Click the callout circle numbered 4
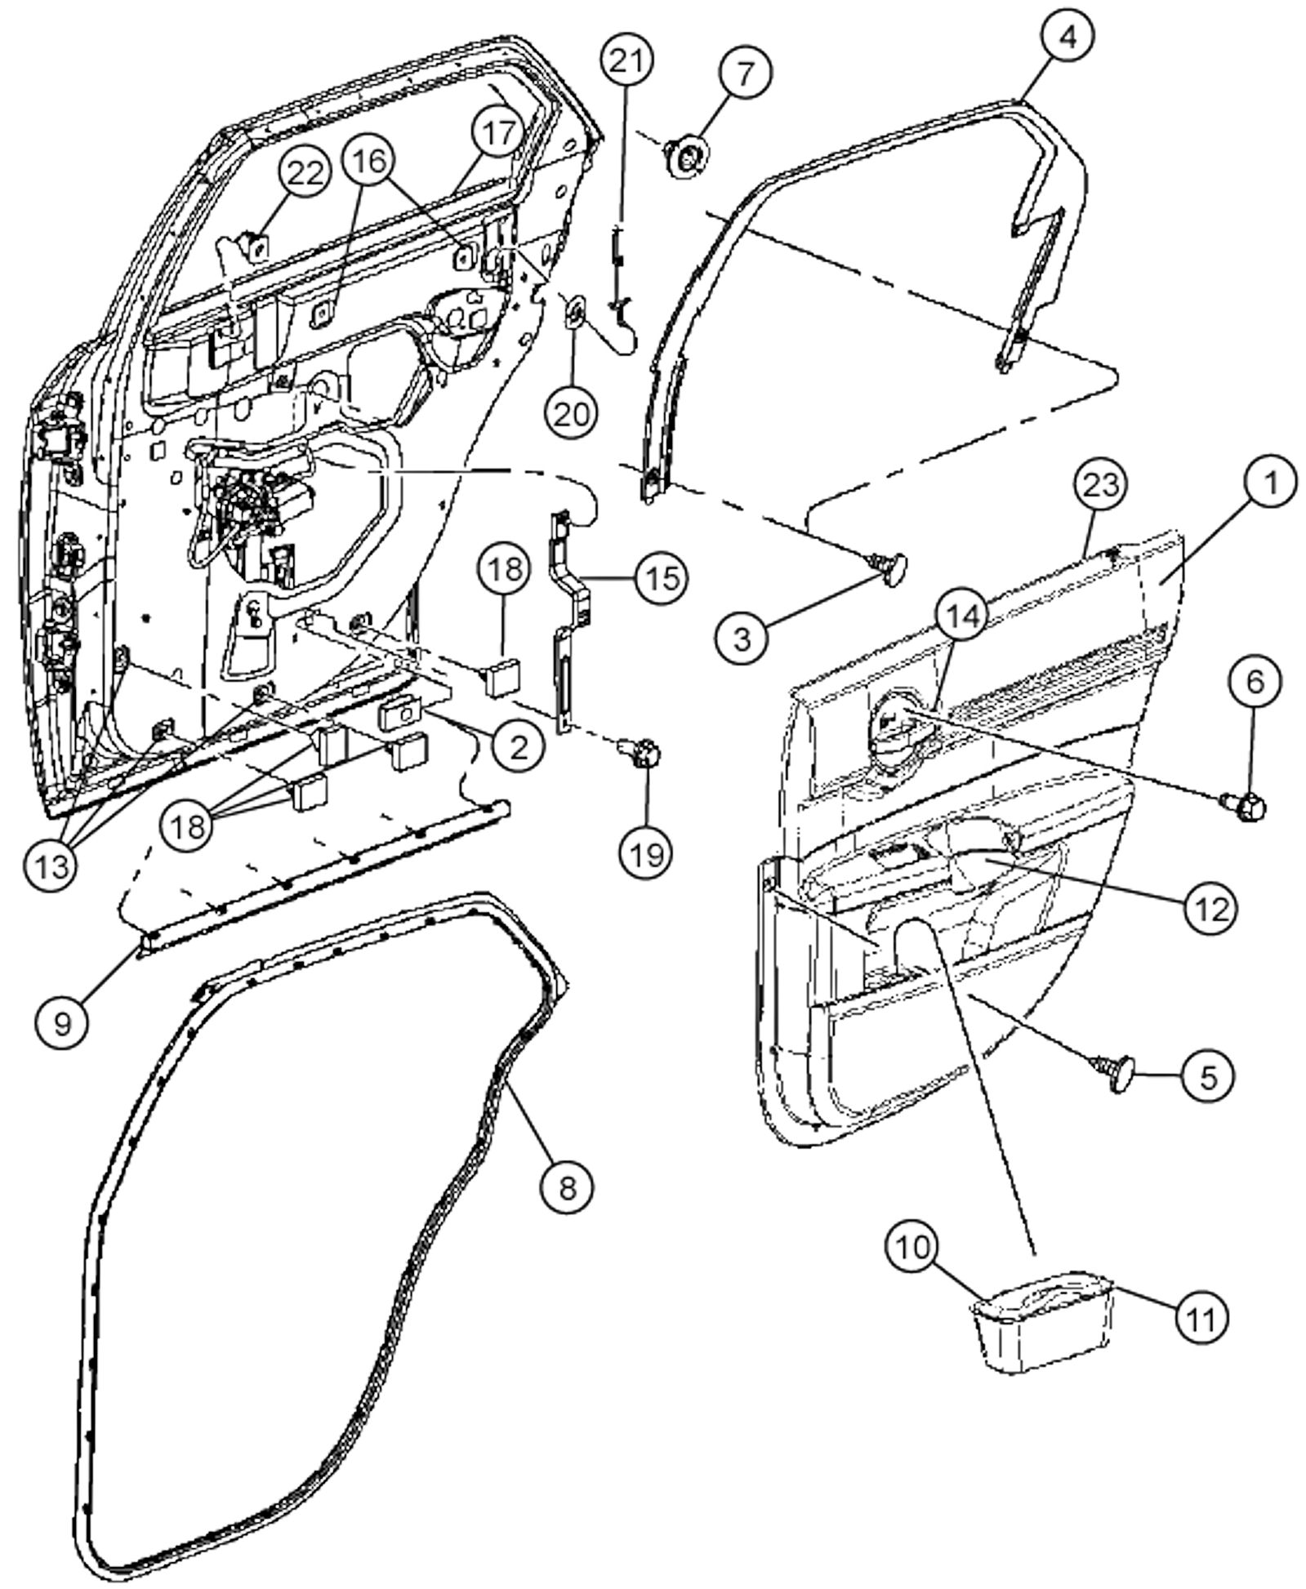coord(1067,37)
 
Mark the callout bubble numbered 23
coord(1100,485)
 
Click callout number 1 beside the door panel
coord(1270,482)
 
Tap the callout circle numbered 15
coord(662,578)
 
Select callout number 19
coord(646,852)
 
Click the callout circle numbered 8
coord(568,1187)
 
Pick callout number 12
coord(1210,907)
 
